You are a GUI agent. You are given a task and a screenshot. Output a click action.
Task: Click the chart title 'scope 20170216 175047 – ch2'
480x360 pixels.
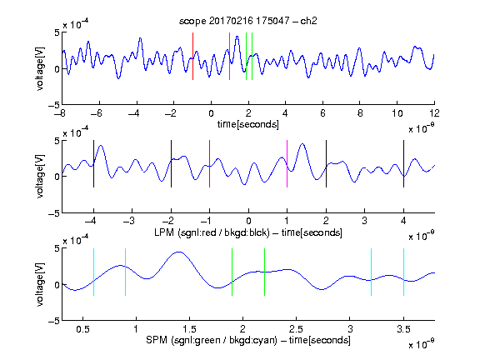pos(248,21)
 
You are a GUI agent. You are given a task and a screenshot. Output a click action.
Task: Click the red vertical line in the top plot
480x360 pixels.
pos(192,57)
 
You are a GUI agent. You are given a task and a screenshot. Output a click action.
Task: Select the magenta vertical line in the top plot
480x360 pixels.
pos(230,57)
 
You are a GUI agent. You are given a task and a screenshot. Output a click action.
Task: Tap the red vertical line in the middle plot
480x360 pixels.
pos(209,164)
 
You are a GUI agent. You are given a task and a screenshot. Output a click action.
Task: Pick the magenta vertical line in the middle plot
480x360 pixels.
pos(287,164)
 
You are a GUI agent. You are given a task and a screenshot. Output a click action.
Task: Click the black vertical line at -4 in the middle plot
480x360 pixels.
pos(93,164)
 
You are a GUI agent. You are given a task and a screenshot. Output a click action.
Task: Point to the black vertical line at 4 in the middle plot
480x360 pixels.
pos(403,164)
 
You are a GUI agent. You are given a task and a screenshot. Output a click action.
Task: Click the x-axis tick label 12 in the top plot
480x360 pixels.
pos(434,113)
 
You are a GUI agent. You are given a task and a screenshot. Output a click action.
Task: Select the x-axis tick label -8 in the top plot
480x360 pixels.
pos(60,113)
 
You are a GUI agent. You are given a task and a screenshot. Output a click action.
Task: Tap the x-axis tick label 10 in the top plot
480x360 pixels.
pos(397,113)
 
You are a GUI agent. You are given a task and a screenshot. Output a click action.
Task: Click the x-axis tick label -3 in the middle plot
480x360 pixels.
pos(130,221)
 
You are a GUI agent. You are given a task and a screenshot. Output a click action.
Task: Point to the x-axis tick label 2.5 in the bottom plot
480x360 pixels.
pos(296,329)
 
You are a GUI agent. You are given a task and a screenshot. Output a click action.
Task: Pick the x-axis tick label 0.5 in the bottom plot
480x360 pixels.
pos(82,329)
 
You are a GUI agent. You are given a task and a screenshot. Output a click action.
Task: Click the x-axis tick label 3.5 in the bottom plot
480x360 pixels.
pos(403,329)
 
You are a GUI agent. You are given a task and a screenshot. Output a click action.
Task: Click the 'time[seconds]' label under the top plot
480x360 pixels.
pos(248,124)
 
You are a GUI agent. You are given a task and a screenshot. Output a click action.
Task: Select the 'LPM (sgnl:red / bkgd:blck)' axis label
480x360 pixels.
pos(212,232)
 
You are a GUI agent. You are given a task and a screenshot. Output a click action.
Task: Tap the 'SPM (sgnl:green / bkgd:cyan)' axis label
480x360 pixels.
pos(212,340)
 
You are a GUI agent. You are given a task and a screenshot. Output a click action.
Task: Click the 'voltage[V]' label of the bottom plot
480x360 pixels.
pos(40,284)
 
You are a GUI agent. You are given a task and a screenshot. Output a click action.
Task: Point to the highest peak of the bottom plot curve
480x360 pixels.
pos(179,252)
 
